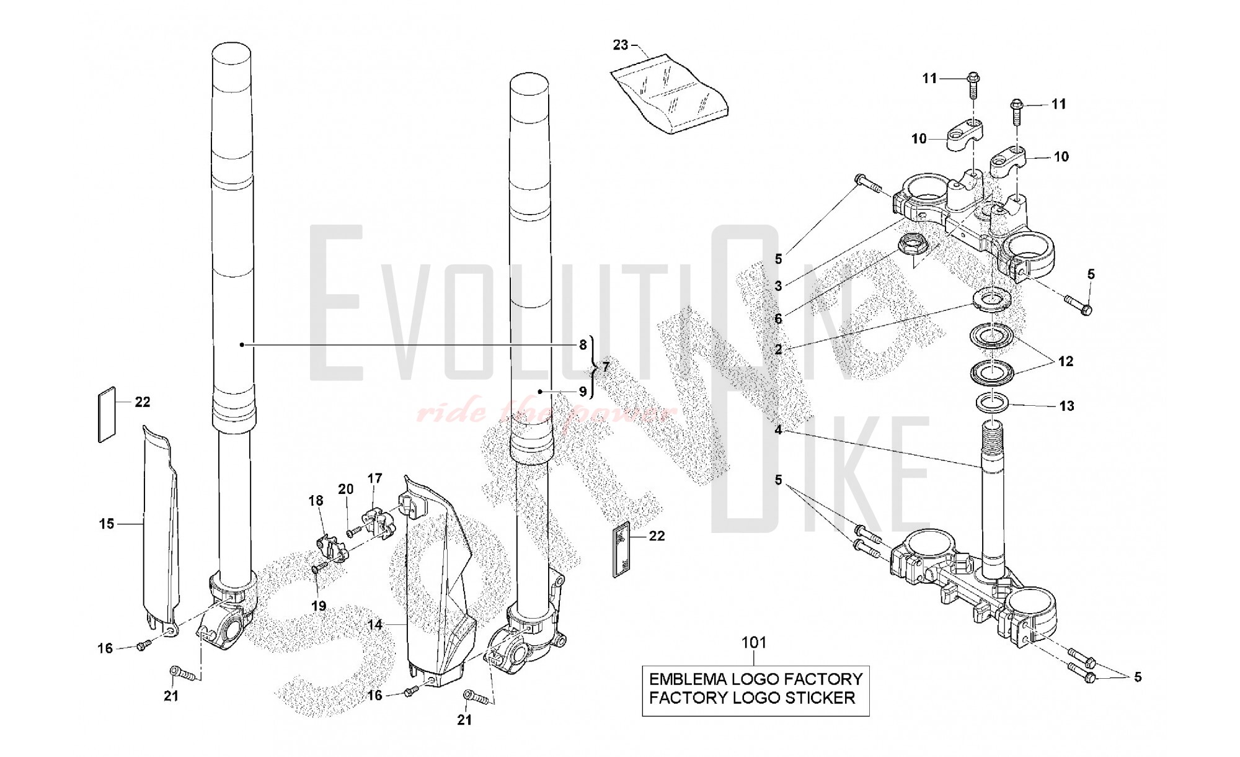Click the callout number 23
621,45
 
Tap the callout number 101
754,643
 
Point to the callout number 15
107,524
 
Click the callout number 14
375,624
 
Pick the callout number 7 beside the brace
606,367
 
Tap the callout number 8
583,345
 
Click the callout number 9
583,392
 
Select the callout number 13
1066,406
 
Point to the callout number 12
1066,361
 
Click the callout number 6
778,319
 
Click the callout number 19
319,606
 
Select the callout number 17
374,478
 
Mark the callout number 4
778,429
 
